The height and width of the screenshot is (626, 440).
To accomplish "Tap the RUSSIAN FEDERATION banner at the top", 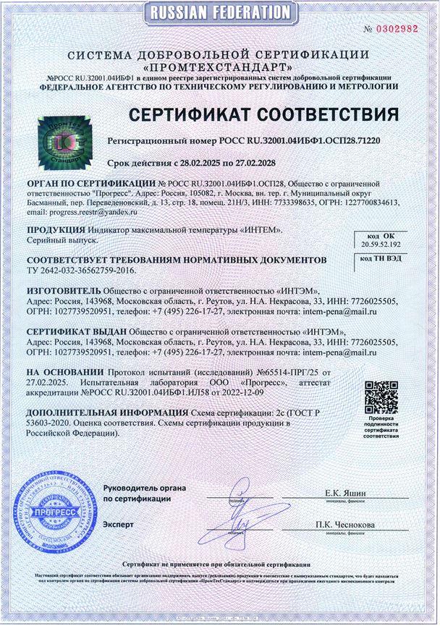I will point(219,12).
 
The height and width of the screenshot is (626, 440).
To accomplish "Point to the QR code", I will point(381,397).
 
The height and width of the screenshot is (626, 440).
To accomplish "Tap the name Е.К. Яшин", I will point(345,493).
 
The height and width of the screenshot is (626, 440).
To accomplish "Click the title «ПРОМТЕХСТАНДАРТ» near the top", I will point(219,67).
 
